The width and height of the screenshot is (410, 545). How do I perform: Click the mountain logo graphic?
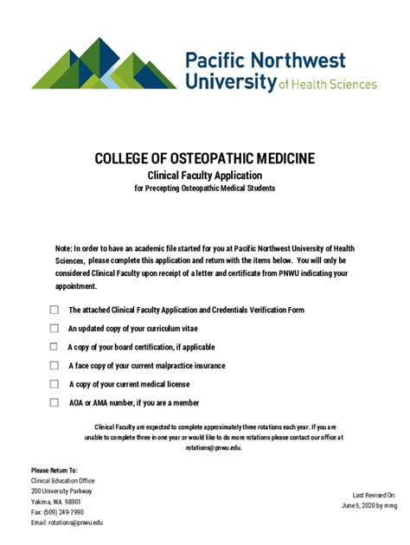(x=104, y=64)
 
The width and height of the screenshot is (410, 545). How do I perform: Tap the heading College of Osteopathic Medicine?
(x=204, y=158)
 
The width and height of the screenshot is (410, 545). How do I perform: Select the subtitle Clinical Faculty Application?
(x=204, y=175)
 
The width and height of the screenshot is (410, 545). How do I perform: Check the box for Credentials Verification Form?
(x=54, y=310)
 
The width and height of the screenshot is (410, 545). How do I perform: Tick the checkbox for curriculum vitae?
(x=54, y=329)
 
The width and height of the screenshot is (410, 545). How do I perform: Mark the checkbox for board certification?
(x=54, y=347)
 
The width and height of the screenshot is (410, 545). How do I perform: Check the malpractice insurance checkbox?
(x=54, y=366)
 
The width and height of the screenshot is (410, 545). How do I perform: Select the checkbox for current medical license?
(x=54, y=384)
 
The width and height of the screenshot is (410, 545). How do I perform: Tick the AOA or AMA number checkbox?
(x=54, y=402)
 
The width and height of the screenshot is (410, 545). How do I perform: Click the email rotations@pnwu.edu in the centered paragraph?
(x=214, y=447)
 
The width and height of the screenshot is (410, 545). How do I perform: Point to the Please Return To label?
(x=54, y=470)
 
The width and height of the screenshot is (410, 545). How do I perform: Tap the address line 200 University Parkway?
(x=61, y=491)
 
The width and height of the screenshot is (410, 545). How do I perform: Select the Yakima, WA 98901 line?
(x=56, y=502)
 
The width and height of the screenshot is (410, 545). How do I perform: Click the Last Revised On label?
(x=375, y=494)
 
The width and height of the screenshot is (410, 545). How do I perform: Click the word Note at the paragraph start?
(x=63, y=247)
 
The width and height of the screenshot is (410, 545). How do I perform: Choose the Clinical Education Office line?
(x=62, y=481)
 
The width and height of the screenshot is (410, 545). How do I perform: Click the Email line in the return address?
(x=67, y=523)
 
